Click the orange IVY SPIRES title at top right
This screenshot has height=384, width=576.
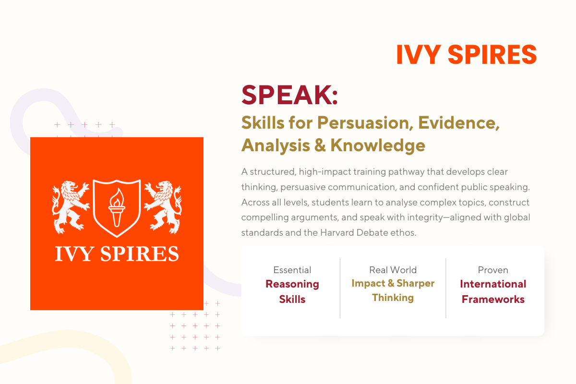coord(467,55)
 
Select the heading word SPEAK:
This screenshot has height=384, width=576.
coord(289,95)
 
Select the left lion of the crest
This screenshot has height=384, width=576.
coord(71,207)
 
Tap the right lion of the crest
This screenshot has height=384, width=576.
coord(163,207)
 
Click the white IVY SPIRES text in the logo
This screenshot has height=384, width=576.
coord(117,254)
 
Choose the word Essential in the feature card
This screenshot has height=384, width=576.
coord(292,270)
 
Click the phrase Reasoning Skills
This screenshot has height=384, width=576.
coord(292,292)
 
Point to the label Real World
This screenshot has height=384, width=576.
coord(393,270)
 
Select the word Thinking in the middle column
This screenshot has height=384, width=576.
coord(393,298)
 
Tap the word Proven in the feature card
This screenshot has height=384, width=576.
coord(493,270)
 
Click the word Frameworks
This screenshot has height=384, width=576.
coord(493,300)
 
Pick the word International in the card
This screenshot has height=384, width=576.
coord(493,284)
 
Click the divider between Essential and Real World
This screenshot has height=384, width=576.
coord(340,288)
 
